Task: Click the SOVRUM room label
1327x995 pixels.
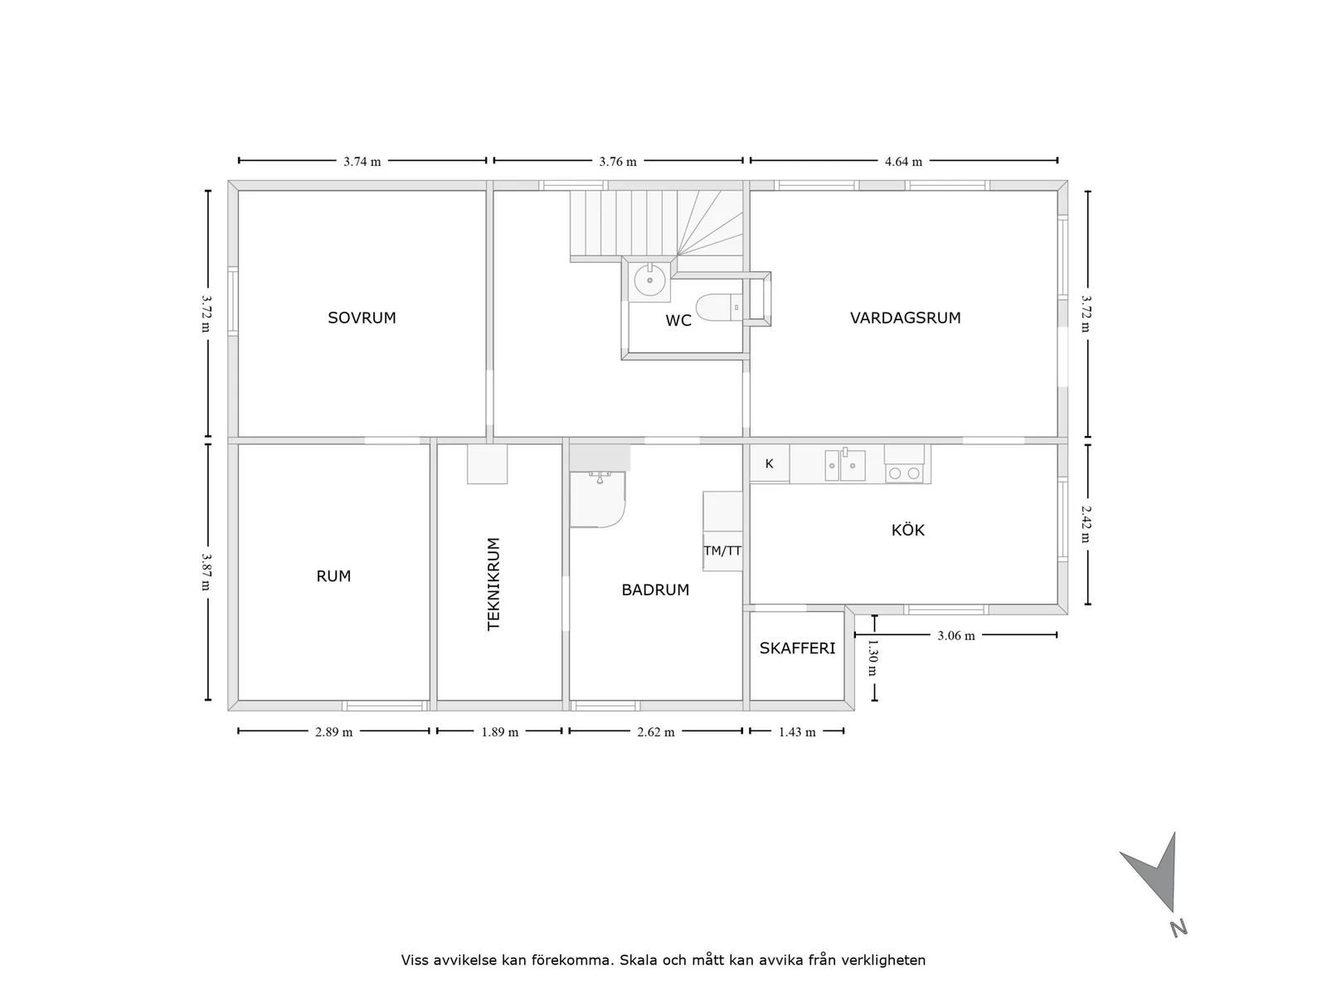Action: coord(362,318)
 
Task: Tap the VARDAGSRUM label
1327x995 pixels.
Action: coord(905,318)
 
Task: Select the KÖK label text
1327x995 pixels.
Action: coord(907,530)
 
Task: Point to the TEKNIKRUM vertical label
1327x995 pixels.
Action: coord(494,584)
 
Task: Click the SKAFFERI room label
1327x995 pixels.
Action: coord(797,648)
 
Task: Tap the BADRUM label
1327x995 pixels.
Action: coord(655,590)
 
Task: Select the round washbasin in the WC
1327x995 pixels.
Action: coord(649,280)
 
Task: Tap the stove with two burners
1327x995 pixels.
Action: coord(903,473)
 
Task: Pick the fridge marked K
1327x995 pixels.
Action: coord(769,464)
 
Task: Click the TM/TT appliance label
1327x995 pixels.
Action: coord(722,551)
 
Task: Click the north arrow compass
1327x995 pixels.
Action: coord(1157,879)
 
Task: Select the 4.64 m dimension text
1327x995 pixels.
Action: coord(903,162)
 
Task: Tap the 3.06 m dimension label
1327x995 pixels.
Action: coord(955,636)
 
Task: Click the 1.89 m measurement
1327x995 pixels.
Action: coord(500,732)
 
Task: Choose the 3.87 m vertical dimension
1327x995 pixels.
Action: coord(206,572)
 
